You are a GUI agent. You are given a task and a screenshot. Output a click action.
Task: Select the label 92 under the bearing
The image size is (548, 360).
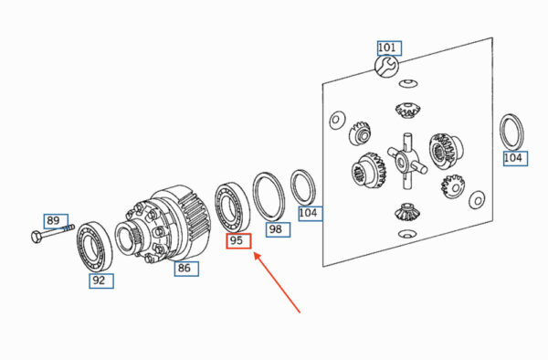[101, 281]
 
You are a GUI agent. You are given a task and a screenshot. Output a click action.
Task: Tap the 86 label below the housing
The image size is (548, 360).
[186, 269]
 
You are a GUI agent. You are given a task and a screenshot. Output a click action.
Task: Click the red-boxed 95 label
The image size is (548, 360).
[238, 241]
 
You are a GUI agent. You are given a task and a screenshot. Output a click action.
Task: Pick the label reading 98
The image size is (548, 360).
[279, 229]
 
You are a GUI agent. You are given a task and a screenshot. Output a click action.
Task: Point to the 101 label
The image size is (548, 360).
[389, 48]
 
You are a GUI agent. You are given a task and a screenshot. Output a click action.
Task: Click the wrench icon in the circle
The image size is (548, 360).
[386, 66]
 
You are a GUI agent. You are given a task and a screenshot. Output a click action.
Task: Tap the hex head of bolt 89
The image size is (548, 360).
[36, 237]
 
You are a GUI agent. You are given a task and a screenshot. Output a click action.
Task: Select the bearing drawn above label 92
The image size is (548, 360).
[94, 246]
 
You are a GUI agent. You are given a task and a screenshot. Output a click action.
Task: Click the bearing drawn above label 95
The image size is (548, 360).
[232, 206]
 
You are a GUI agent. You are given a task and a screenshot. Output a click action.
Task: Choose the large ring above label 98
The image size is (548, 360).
[269, 196]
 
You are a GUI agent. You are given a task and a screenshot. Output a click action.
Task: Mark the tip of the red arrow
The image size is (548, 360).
[254, 253]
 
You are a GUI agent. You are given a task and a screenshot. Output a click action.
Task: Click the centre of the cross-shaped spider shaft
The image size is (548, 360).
[406, 161]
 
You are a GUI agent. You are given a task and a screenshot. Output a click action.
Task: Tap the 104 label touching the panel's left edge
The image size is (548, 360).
[311, 213]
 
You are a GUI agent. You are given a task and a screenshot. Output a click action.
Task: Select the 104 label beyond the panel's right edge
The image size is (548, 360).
[515, 158]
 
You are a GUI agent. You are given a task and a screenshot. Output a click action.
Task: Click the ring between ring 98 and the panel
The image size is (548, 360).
[303, 187]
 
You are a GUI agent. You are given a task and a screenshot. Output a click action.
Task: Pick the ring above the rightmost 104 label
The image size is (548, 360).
[512, 132]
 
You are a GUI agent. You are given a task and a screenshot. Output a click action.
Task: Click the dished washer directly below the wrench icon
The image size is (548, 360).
[408, 83]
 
